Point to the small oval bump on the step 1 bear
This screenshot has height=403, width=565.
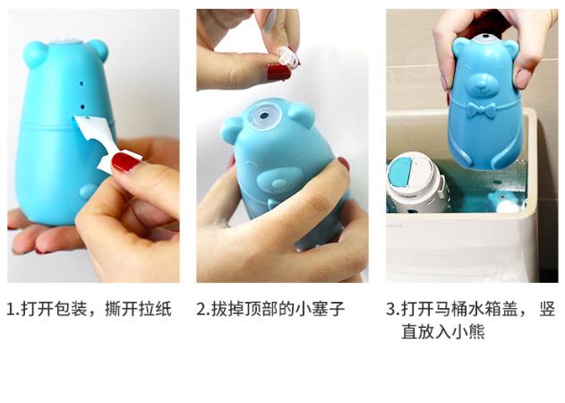88,191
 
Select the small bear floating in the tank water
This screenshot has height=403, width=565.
505,200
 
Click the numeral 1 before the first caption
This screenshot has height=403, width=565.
12,310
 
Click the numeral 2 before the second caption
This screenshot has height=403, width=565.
202,310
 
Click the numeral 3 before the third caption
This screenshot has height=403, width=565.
391,310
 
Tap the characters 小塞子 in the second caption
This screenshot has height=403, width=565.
318,310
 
